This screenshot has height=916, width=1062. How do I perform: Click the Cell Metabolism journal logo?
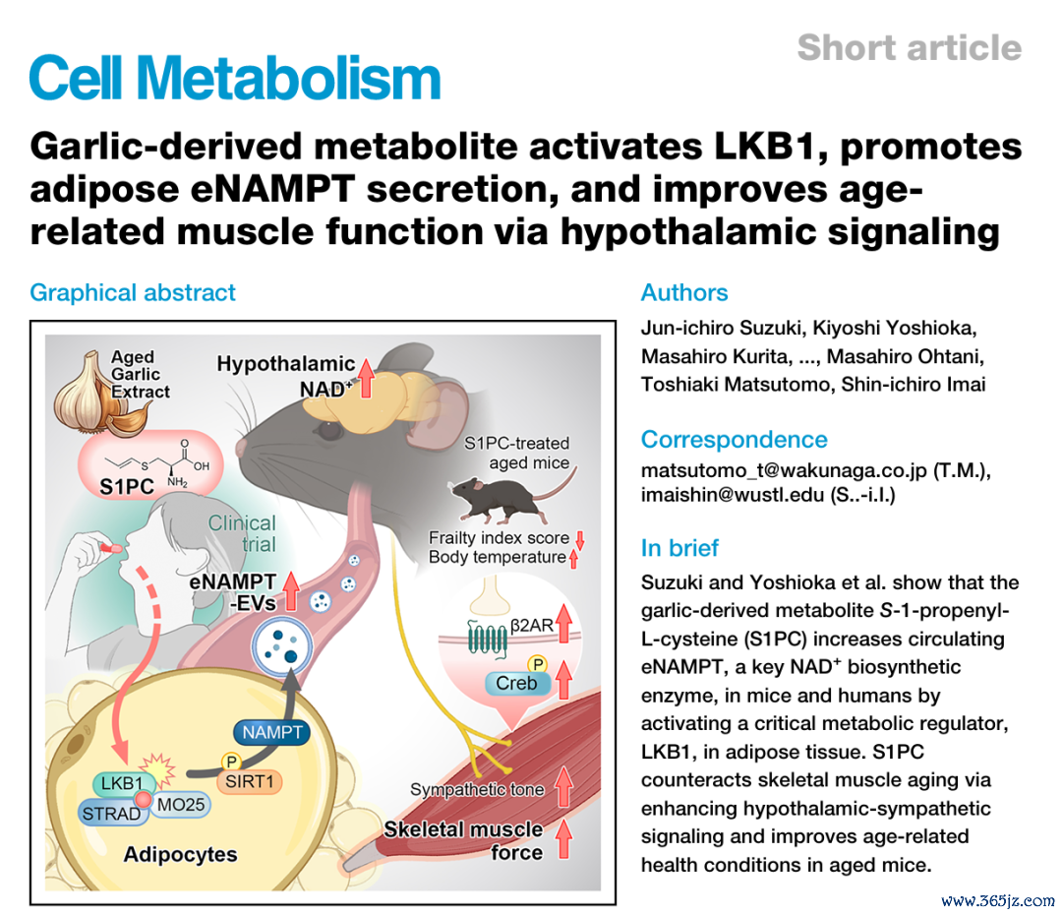[x=235, y=78]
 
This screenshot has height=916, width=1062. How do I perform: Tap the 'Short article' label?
[x=909, y=47]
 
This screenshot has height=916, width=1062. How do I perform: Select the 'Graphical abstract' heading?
[x=133, y=292]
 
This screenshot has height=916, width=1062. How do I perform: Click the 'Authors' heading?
[x=684, y=292]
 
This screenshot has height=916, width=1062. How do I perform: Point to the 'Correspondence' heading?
[x=735, y=440]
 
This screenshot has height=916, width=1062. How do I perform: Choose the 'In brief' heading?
[x=679, y=547]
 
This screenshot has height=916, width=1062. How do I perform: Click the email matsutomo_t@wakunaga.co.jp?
[x=784, y=470]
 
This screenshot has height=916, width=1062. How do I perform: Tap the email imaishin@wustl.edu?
[x=733, y=495]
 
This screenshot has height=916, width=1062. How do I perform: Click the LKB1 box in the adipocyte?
[x=122, y=784]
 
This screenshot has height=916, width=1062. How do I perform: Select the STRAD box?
[x=112, y=813]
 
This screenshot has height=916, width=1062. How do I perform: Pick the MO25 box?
[x=180, y=805]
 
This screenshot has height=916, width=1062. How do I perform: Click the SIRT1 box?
[x=249, y=782]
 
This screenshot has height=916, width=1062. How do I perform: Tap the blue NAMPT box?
[x=271, y=732]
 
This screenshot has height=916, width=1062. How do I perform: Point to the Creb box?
[x=517, y=683]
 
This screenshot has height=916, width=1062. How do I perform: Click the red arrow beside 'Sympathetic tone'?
[x=563, y=786]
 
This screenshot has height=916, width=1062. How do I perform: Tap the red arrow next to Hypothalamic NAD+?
[x=366, y=378]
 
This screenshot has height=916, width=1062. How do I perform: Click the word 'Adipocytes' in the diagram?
[x=180, y=854]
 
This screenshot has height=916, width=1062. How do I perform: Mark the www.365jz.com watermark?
[x=998, y=900]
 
